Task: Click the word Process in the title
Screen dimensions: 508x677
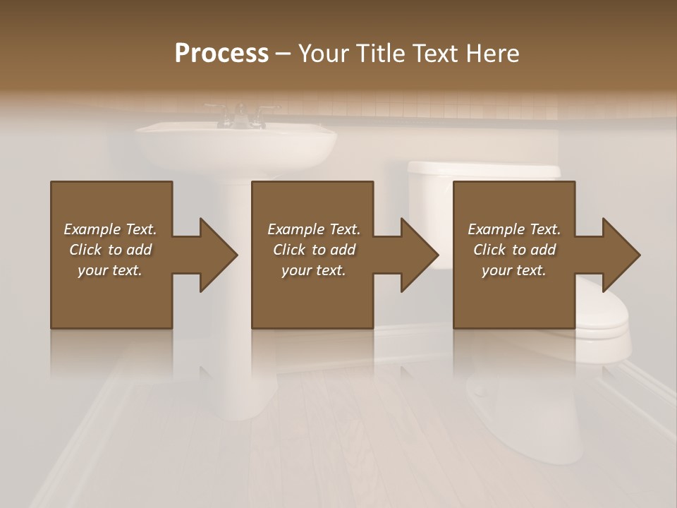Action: pyautogui.click(x=221, y=53)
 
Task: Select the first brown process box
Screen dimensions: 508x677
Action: pyautogui.click(x=111, y=296)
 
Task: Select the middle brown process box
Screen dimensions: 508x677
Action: pyautogui.click(x=312, y=296)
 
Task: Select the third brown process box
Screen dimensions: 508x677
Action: pyautogui.click(x=513, y=296)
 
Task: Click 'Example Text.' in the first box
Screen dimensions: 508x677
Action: pyautogui.click(x=110, y=229)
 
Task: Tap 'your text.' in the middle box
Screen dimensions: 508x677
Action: pyautogui.click(x=313, y=270)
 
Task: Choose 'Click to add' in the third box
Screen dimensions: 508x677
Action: pyautogui.click(x=514, y=250)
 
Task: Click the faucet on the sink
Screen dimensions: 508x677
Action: pyautogui.click(x=240, y=115)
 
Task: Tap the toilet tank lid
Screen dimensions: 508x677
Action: pyautogui.click(x=484, y=169)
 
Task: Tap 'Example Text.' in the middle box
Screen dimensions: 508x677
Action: pyautogui.click(x=313, y=229)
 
